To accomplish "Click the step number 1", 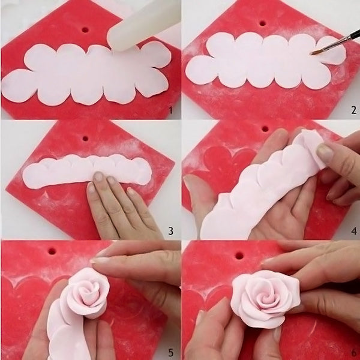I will (x=171, y=110).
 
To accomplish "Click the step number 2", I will (x=353, y=110).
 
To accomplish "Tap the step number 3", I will (x=171, y=230).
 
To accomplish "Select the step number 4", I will (x=353, y=230).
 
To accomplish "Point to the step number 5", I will (x=171, y=351).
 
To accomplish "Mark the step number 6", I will (x=353, y=351).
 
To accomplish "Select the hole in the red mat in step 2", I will (x=262, y=23).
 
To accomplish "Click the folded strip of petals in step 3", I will (x=84, y=170).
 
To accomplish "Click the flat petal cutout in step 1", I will (x=84, y=75).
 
